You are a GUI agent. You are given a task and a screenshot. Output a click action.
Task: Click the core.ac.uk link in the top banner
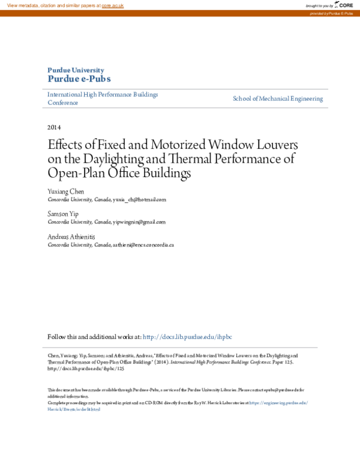coord(113,5)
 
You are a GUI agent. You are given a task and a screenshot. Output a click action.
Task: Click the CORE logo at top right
coord(343,5)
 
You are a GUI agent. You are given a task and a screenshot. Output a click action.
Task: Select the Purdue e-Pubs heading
coord(79,79)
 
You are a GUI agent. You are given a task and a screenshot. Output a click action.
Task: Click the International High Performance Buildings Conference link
coord(103,98)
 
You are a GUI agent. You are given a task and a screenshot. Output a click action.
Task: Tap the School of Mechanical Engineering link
coord(278,98)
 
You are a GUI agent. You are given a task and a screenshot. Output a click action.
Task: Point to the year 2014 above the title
coord(54,127)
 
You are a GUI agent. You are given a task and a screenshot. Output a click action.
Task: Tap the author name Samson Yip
coord(62,214)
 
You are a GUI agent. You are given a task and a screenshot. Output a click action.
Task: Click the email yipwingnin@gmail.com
coord(139,222)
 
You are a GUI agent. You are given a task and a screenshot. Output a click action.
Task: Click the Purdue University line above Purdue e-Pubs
coord(75,70)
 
